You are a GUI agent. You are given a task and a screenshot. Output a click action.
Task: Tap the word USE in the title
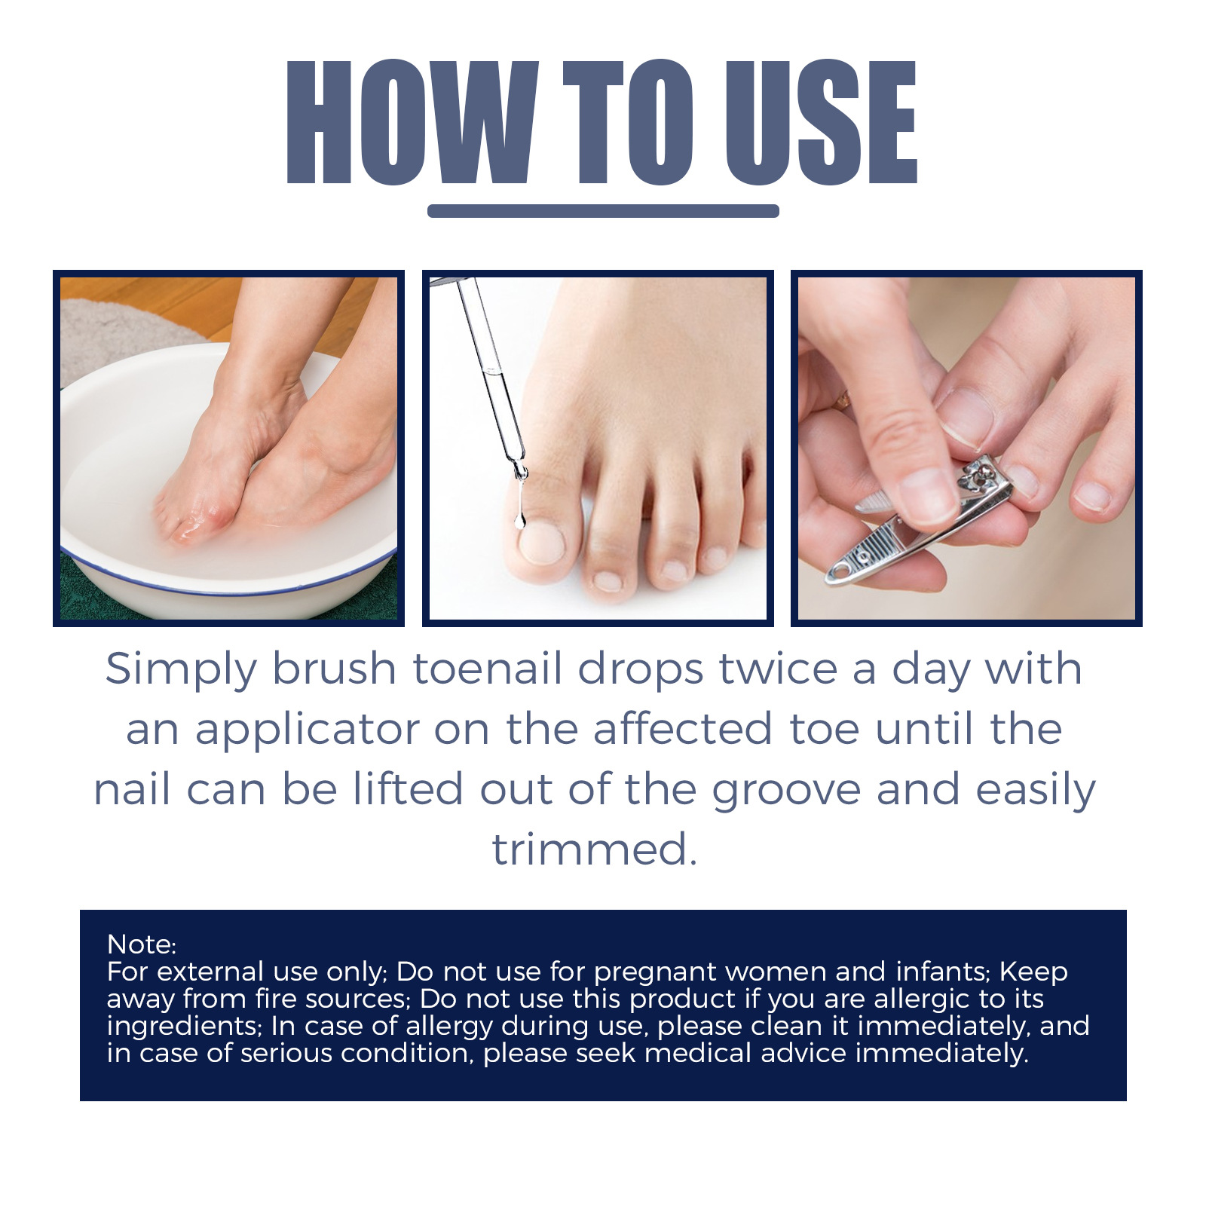click(x=821, y=122)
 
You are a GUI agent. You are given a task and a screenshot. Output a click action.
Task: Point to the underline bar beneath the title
click(x=603, y=211)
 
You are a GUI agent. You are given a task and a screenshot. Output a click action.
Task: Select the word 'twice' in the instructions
click(x=779, y=669)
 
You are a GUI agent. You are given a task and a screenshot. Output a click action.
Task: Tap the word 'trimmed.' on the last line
click(x=595, y=849)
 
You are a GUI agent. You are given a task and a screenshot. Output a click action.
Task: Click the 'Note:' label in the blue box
click(x=142, y=944)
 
